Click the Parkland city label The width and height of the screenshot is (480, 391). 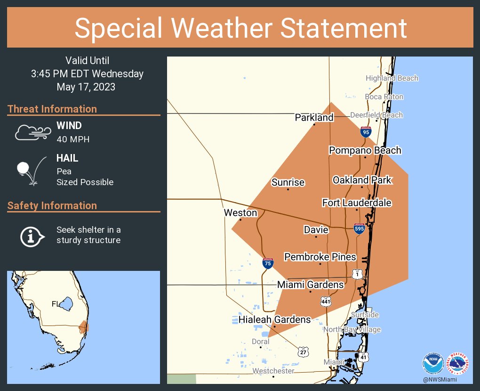point(314,117)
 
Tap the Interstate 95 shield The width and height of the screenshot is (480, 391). point(366,132)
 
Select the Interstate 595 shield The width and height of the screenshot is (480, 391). point(360,228)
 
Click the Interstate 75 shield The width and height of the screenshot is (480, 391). point(268,263)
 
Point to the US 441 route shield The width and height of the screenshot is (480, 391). point(325,301)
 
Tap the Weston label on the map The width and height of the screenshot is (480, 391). point(240,213)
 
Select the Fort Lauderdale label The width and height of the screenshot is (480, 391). point(357,203)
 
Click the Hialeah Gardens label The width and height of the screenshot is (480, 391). point(274,319)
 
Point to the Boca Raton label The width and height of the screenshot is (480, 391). point(384,97)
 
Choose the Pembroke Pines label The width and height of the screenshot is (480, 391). point(320,257)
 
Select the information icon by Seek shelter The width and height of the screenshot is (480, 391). point(32,236)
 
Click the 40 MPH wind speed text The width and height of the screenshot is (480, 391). point(72,139)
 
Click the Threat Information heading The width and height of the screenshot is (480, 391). point(52,109)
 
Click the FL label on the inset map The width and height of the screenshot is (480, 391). point(55,304)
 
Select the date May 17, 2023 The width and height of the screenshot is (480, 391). point(86,87)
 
